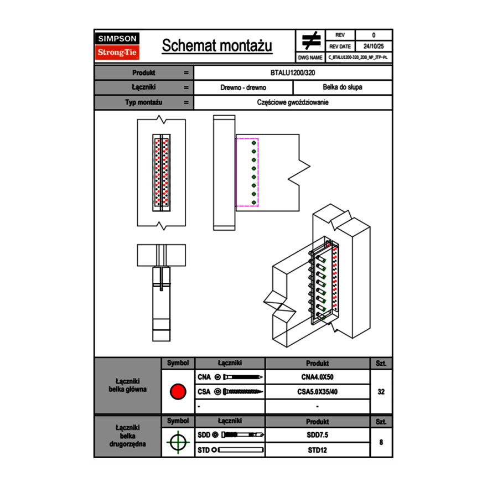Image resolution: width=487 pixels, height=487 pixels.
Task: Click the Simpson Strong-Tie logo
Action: pyautogui.click(x=118, y=46)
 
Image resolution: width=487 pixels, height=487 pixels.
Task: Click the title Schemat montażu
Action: pyautogui.click(x=217, y=46)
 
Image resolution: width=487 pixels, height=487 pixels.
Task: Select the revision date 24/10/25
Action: pyautogui.click(x=373, y=46)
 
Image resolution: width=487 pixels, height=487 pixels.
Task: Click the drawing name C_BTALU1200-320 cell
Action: pyautogui.click(x=358, y=57)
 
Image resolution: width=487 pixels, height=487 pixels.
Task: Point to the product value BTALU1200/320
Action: pyautogui.click(x=293, y=72)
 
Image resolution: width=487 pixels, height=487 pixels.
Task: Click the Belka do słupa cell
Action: pyautogui.click(x=342, y=87)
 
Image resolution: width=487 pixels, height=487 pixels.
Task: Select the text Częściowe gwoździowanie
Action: pyautogui.click(x=293, y=102)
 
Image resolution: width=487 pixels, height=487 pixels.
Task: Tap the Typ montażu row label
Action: pyautogui.click(x=143, y=102)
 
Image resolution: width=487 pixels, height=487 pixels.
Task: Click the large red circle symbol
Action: pyautogui.click(x=178, y=392)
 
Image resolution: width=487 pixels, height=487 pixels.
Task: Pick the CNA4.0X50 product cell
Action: pyautogui.click(x=317, y=377)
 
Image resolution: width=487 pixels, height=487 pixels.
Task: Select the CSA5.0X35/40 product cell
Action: pyautogui.click(x=317, y=392)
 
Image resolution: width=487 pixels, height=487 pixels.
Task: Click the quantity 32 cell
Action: pyautogui.click(x=381, y=392)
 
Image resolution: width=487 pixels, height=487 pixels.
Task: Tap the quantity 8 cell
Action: pyautogui.click(x=381, y=442)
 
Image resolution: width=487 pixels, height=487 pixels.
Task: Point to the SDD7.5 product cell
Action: pyautogui.click(x=317, y=435)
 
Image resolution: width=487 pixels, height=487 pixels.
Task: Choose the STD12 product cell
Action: pyautogui.click(x=317, y=450)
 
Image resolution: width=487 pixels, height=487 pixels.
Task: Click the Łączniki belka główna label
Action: pyautogui.click(x=127, y=385)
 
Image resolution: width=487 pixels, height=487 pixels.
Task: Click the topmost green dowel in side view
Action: pyautogui.click(x=253, y=143)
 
